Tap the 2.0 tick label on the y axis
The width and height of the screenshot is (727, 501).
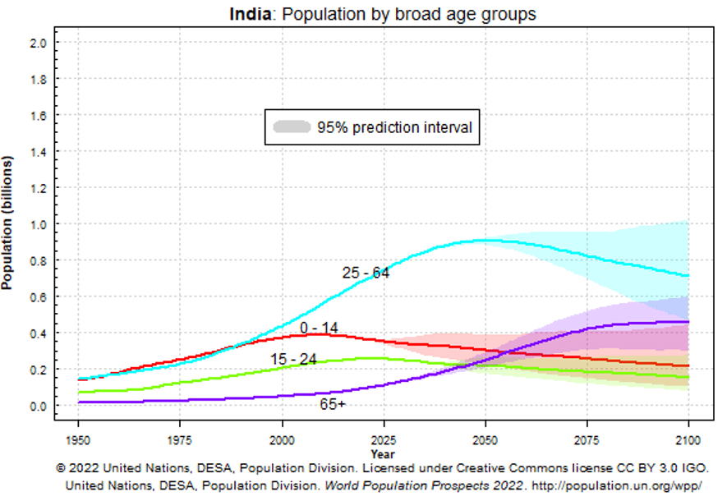(38, 43)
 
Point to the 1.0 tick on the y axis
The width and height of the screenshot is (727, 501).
(38, 224)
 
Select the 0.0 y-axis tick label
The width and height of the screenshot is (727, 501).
(38, 406)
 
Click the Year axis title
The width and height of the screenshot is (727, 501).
(382, 453)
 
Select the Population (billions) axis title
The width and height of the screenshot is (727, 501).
(8, 223)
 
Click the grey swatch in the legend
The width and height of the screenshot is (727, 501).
(292, 127)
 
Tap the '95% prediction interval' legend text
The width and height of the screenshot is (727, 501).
(394, 127)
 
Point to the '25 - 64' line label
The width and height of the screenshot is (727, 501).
(366, 273)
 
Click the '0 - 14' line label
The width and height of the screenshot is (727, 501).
(318, 329)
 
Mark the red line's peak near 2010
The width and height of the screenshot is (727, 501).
(319, 334)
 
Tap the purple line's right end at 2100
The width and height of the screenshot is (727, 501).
(688, 322)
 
